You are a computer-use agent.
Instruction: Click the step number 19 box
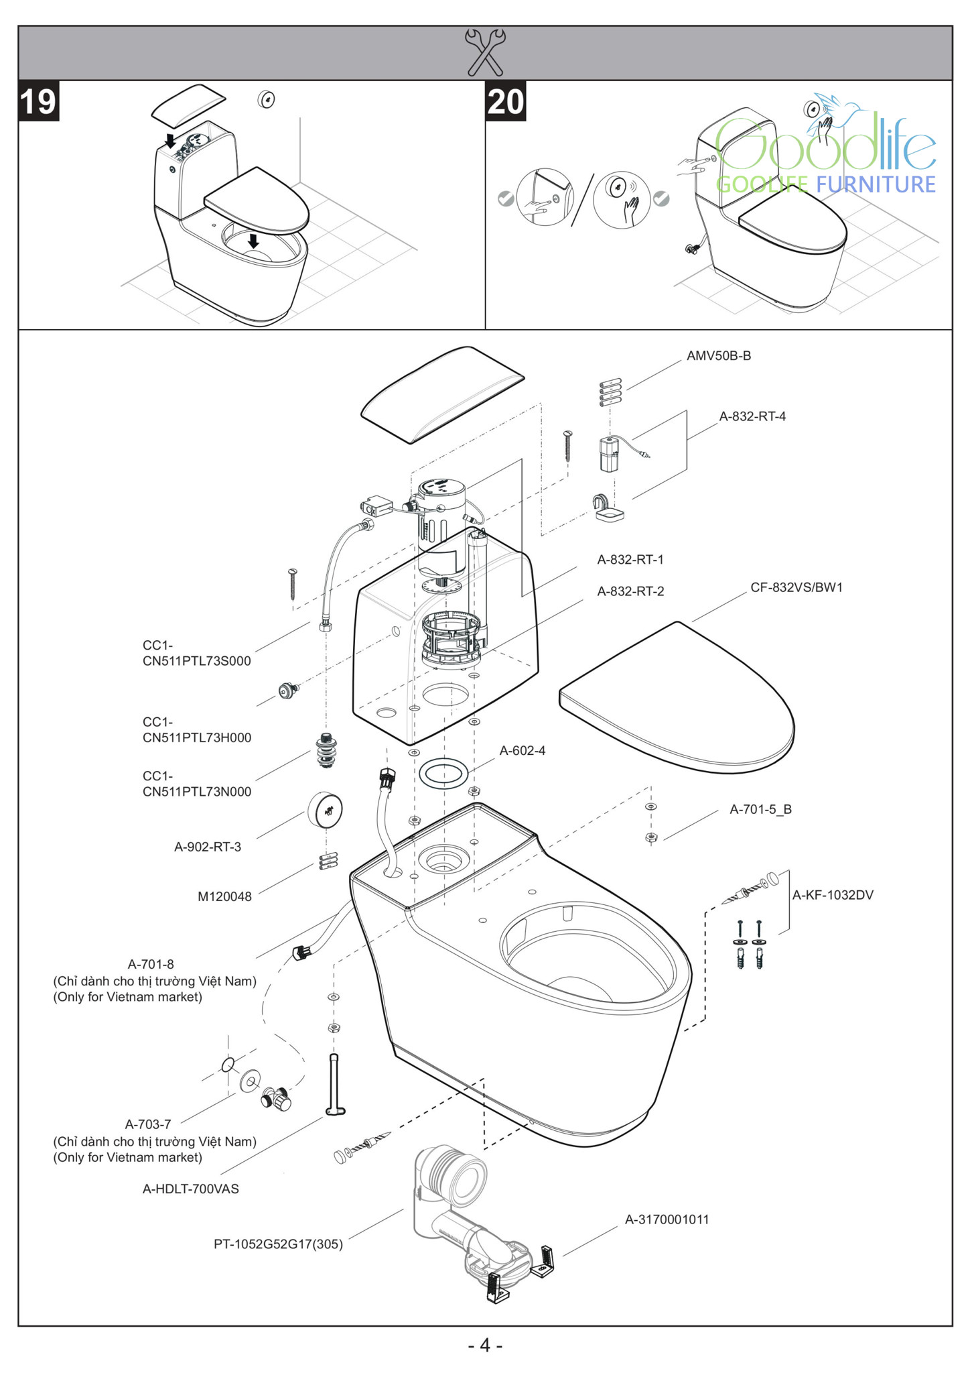(38, 101)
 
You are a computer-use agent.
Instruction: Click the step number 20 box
(505, 101)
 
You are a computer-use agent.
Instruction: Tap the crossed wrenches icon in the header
(484, 52)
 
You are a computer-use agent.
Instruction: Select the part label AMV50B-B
(718, 356)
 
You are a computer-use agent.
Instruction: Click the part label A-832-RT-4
(752, 416)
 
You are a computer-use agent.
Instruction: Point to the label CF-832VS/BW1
(796, 587)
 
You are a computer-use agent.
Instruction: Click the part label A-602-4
(522, 751)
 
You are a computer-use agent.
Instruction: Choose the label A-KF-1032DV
(833, 895)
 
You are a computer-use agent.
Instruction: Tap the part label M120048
(224, 897)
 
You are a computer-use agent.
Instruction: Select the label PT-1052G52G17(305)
(278, 1244)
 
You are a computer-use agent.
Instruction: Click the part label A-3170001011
(667, 1219)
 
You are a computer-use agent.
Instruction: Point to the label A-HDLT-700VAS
(190, 1189)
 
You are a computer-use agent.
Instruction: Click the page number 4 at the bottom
(484, 1345)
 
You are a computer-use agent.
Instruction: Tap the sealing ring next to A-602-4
(443, 773)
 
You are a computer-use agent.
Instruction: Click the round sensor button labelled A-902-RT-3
(326, 810)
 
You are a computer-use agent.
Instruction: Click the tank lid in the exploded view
(442, 394)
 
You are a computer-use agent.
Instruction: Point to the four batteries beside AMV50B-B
(610, 392)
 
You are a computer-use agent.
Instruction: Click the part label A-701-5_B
(760, 809)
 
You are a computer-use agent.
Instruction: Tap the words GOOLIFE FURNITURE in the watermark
(825, 184)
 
